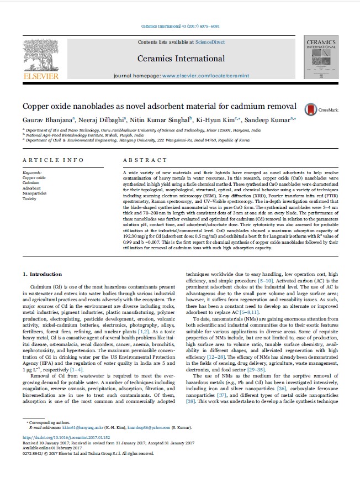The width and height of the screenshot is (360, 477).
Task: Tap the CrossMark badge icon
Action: coord(309,109)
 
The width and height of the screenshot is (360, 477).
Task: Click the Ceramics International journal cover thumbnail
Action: coord(320,59)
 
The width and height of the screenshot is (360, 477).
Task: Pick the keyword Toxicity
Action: coord(30,198)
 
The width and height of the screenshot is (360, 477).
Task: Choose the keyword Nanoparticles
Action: coord(34,193)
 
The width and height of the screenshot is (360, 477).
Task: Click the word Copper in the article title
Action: coord(37,106)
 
